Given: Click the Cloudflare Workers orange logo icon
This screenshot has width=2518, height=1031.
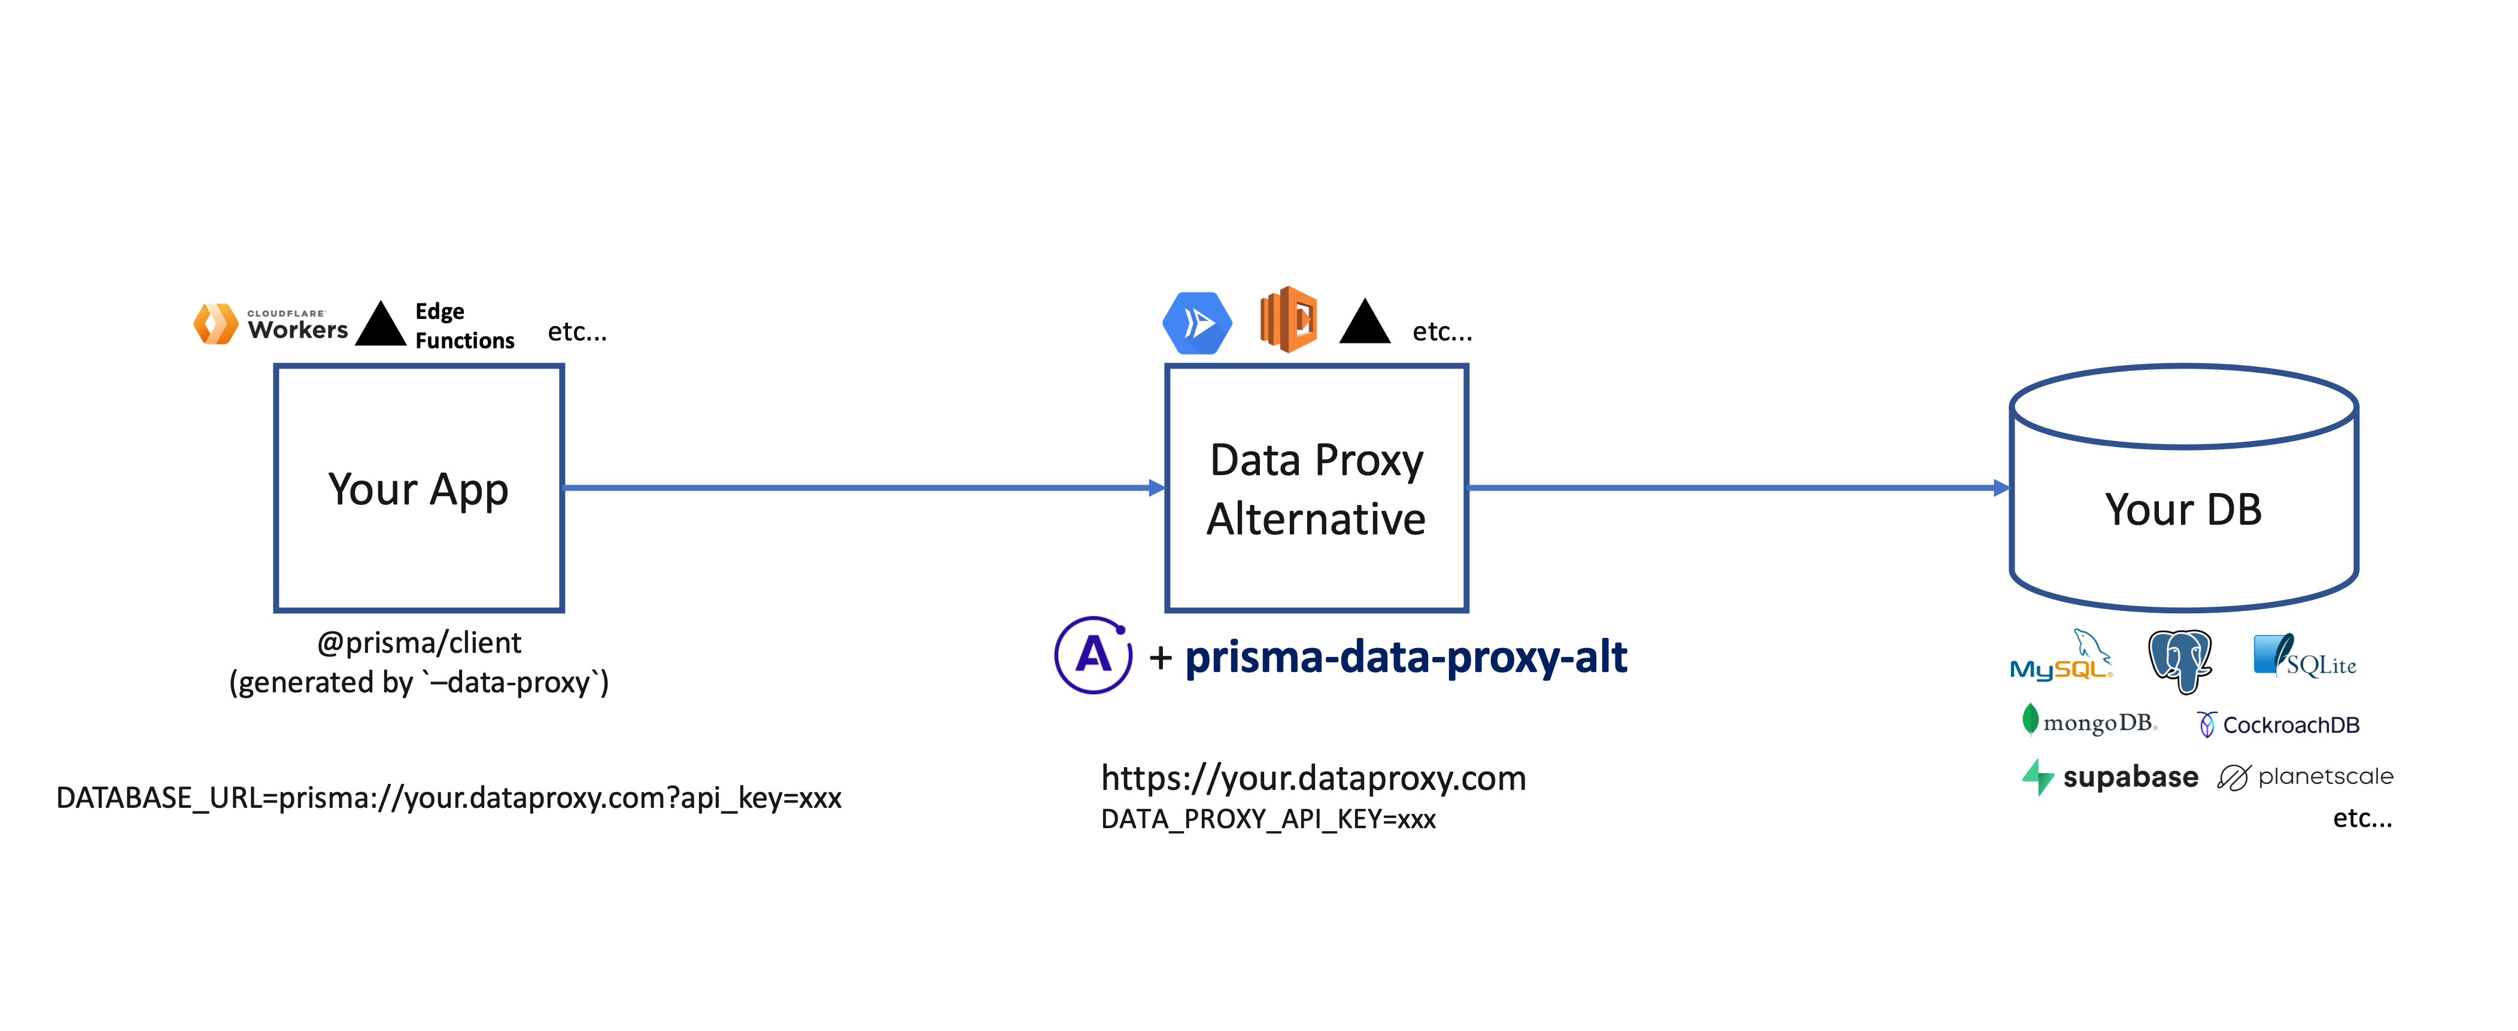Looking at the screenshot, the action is pos(215,324).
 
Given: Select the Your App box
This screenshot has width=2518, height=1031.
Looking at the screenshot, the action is pos(420,489).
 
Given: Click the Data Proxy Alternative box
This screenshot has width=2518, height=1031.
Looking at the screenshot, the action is pos(1317,489).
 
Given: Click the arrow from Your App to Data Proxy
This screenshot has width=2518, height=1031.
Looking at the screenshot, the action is pos(860,486).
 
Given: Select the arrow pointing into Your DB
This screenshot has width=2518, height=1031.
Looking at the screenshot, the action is pos(1740,486).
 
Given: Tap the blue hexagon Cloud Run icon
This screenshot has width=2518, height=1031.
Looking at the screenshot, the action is pos(1196,323).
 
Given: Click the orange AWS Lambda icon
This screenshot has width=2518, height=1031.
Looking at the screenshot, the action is pos(1288,320).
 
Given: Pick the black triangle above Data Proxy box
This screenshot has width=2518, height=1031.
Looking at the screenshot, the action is pos(1365,324).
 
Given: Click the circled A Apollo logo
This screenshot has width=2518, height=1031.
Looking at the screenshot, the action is pos(1093,655).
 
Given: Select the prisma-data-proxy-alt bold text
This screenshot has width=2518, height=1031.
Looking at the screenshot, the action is pos(1405,656).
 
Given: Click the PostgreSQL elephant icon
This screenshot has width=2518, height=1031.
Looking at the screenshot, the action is pos(2180,659).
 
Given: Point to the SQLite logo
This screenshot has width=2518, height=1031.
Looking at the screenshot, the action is pos(2304,656).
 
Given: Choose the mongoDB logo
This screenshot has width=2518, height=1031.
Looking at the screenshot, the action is pos(2089,722).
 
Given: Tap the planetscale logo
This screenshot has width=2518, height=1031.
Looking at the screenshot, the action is pos(2305,777).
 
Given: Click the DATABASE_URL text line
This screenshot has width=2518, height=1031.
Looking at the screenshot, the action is pos(449,798).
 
